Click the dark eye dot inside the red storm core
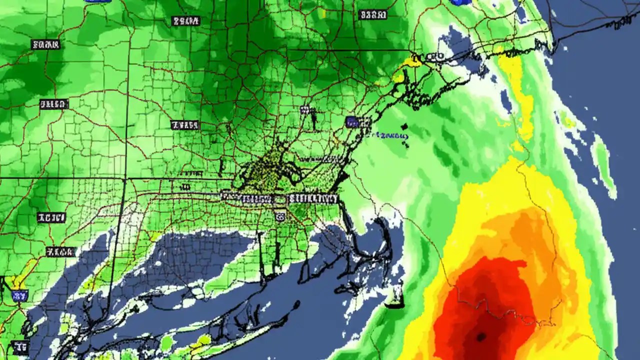coord(481,337)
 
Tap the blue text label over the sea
coord(391,135)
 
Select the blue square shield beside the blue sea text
coord(352,121)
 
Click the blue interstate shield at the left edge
coord(19,295)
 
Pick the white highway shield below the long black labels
coord(280,215)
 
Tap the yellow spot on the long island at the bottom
coord(203,340)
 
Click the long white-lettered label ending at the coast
coord(313,199)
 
